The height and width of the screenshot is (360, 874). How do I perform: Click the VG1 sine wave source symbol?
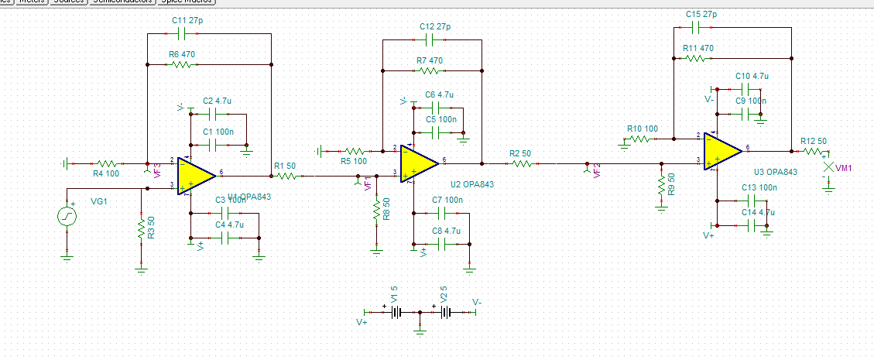coord(67,216)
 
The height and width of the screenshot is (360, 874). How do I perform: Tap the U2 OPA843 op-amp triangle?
coord(418,163)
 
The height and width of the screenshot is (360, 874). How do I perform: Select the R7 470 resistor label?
coord(430,60)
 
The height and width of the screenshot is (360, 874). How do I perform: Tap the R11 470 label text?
coord(697,48)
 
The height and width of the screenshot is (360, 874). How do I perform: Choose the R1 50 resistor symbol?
coord(286,177)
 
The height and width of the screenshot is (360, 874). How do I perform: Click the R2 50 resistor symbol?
coord(522,163)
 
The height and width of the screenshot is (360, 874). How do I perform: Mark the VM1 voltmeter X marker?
coord(828,167)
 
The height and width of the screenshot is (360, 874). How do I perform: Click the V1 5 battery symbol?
coord(396,312)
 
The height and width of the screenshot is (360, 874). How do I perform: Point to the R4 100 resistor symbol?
coord(106,164)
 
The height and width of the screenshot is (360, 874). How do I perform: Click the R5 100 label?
coord(355,160)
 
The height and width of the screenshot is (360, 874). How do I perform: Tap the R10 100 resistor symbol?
coord(641,139)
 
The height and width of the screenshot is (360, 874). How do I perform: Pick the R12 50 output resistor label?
coord(814,141)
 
